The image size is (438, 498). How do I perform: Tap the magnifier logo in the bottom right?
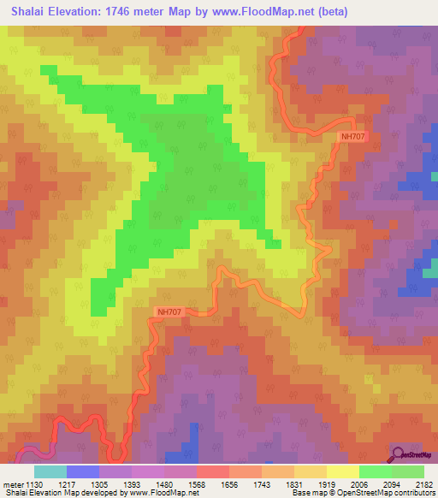399,454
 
